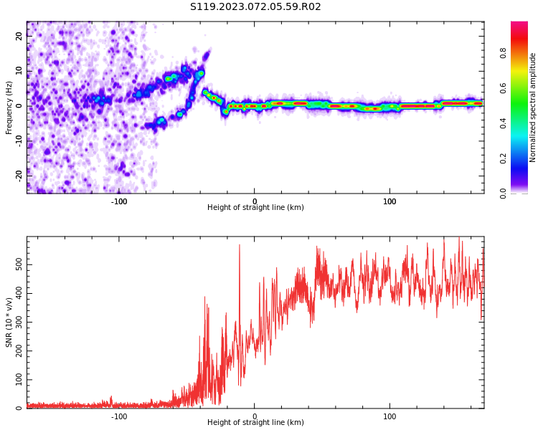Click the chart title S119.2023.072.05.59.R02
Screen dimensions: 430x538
point(255,7)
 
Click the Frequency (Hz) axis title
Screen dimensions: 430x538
point(9,107)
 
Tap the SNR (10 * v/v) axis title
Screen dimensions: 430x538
point(9,322)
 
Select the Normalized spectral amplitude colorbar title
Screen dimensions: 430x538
point(533,107)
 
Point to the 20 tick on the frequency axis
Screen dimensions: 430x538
point(19,37)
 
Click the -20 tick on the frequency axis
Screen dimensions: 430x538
point(19,173)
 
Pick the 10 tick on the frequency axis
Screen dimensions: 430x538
point(19,71)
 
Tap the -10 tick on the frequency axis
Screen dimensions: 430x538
point(19,139)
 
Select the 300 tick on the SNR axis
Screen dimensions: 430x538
point(19,322)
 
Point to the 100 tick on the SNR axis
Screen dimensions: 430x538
point(19,380)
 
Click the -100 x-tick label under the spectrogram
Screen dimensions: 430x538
point(119,201)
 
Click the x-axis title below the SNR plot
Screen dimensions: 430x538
point(255,423)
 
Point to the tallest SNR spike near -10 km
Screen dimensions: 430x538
point(240,246)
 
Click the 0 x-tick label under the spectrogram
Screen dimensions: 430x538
point(254,201)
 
